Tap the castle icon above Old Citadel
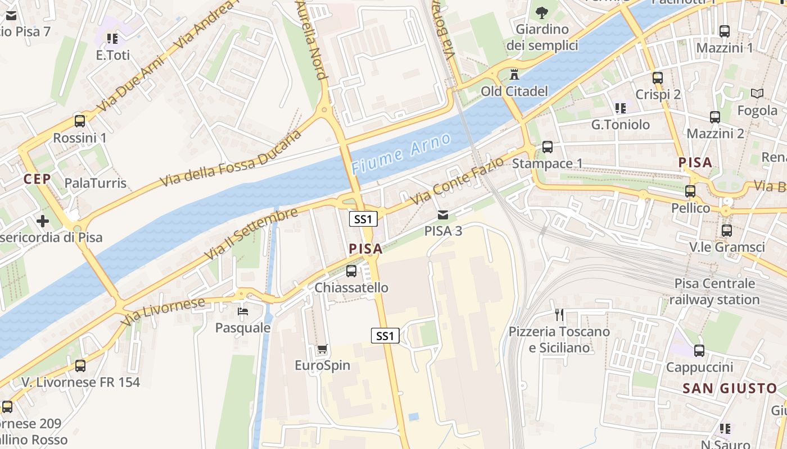514,74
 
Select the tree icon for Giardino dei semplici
542,12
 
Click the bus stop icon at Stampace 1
548,147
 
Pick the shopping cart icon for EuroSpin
323,350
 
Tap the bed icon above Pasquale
243,311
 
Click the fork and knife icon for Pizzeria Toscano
559,315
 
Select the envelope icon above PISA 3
443,214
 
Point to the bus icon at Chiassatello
351,271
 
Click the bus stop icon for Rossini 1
80,121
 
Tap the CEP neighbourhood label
37,179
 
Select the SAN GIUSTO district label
730,388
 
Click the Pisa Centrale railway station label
714,291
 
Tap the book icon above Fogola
757,94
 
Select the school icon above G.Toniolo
620,108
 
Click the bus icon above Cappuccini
699,351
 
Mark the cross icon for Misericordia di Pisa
43,221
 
